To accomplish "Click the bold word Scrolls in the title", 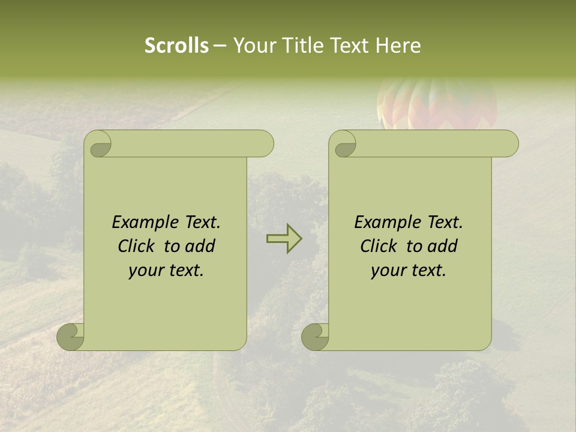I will [x=176, y=46].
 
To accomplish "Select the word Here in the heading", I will [x=398, y=46].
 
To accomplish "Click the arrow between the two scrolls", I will [x=284, y=239].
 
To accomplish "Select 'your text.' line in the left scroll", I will [x=166, y=271].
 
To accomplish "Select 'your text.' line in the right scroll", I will [x=409, y=271].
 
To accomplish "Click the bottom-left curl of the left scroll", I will [x=71, y=337].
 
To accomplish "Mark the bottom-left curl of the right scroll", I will [x=316, y=337].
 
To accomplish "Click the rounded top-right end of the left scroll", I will [x=263, y=143].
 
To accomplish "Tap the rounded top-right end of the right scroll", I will [x=508, y=143].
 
